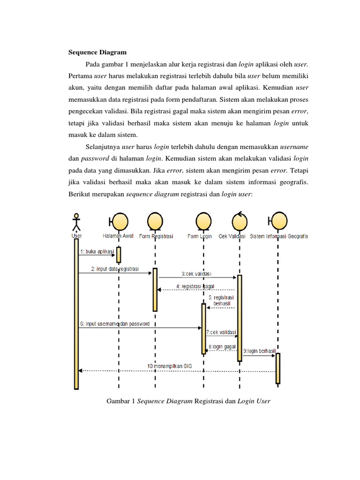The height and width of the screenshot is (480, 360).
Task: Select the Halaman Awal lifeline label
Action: point(118,236)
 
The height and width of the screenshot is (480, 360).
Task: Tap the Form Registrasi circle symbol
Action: point(156,220)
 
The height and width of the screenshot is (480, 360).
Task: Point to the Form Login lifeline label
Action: point(200,236)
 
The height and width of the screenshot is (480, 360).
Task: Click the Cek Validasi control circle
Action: point(239,220)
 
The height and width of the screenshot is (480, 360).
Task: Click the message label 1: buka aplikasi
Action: point(97,252)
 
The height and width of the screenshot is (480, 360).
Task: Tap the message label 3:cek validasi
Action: point(196,273)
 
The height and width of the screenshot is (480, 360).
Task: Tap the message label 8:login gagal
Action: point(220,347)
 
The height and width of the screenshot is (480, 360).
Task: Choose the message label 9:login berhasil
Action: point(258,351)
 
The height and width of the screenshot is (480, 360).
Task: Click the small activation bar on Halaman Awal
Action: point(119,255)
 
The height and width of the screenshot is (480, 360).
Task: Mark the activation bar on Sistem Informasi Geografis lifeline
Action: point(278,368)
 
